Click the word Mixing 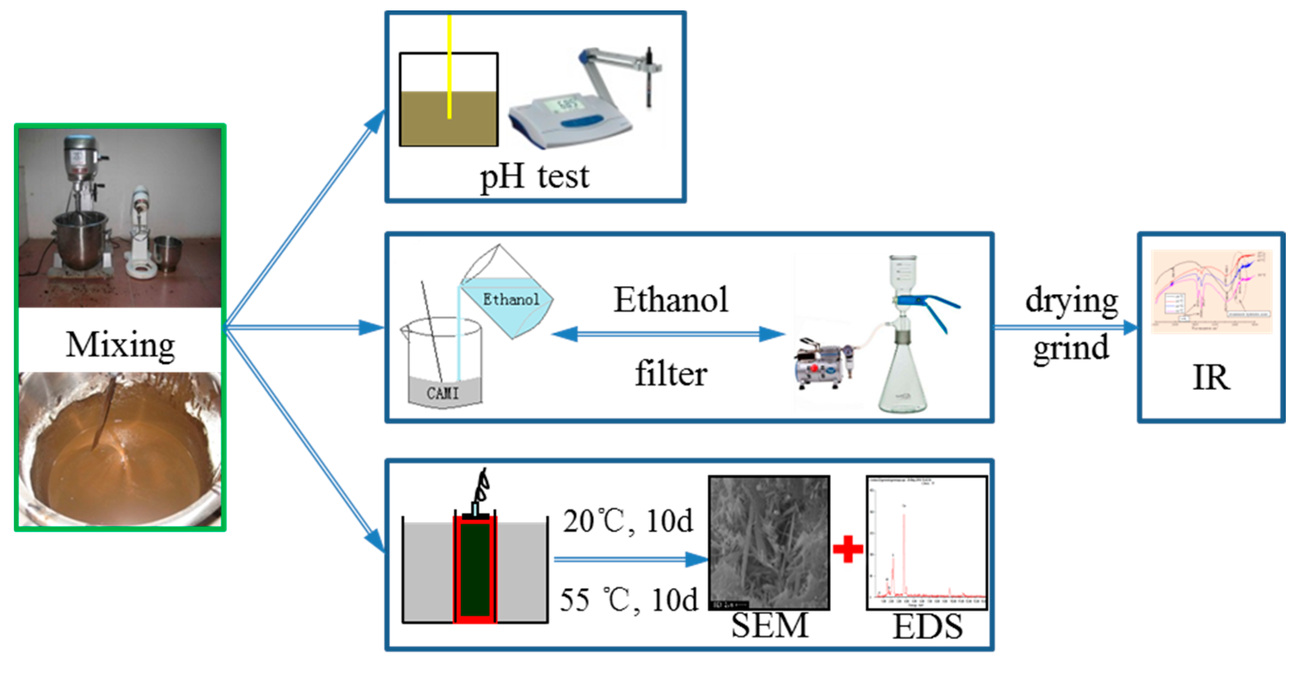(120, 345)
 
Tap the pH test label (534, 176)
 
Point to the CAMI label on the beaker (443, 393)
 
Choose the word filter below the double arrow (671, 374)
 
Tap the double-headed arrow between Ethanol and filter (668, 334)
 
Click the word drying (1071, 301)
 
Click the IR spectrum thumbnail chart (1211, 291)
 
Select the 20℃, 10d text (628, 521)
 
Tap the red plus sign (848, 549)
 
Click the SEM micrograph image (769, 543)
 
